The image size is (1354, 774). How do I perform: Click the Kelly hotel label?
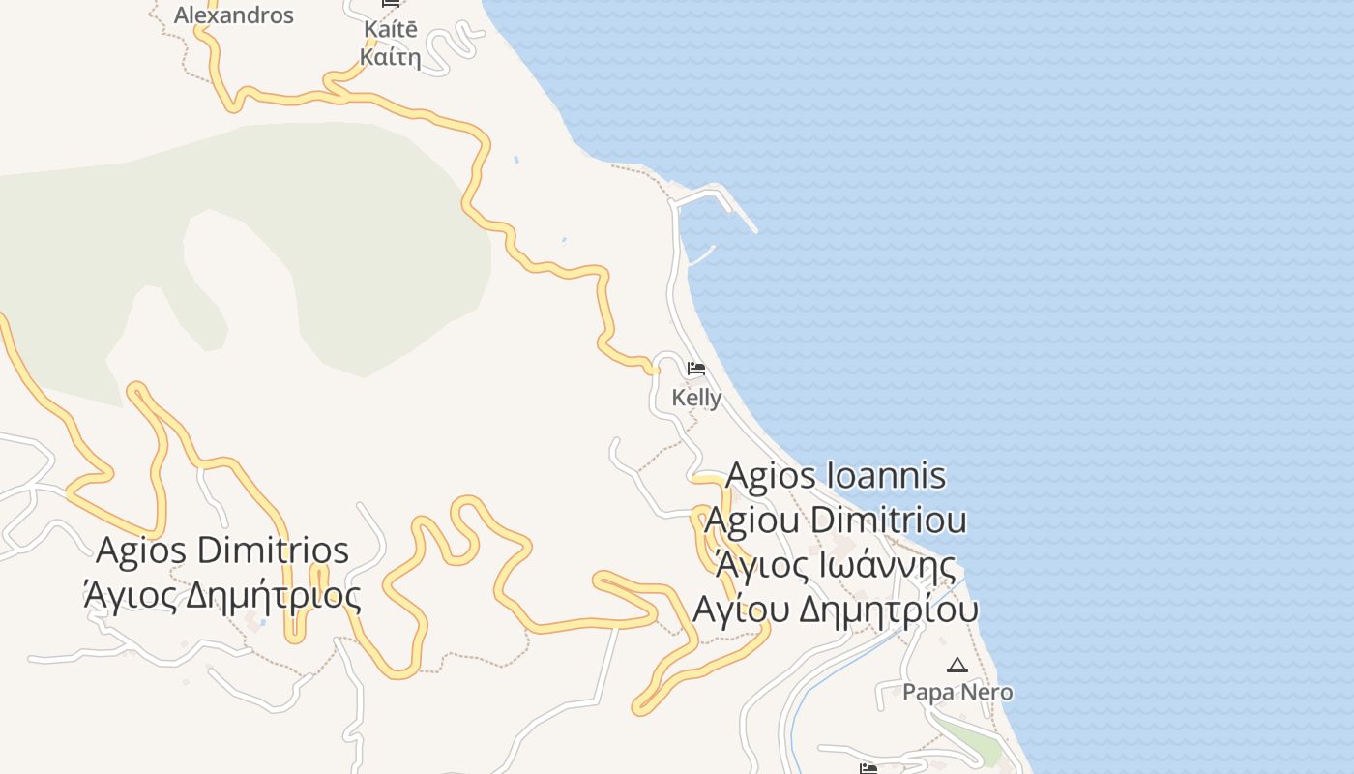tap(696, 398)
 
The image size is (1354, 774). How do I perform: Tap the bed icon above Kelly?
tap(695, 369)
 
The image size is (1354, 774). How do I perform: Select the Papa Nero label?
tap(957, 692)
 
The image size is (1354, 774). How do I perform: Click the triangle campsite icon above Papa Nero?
tap(957, 665)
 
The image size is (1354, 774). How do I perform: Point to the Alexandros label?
tap(233, 15)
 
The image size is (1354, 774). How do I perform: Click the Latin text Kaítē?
tap(391, 29)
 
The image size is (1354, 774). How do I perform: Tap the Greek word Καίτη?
tap(391, 57)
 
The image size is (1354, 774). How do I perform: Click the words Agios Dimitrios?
tap(222, 551)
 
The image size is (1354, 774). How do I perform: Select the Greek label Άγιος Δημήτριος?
tap(222, 594)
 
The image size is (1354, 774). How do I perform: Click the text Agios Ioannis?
tap(836, 476)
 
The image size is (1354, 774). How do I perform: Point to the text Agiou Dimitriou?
tap(836, 520)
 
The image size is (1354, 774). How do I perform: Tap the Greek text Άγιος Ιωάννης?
tap(836, 564)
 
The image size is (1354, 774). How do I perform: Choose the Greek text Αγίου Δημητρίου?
tap(836, 610)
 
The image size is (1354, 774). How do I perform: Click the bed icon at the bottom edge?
tap(868, 768)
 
